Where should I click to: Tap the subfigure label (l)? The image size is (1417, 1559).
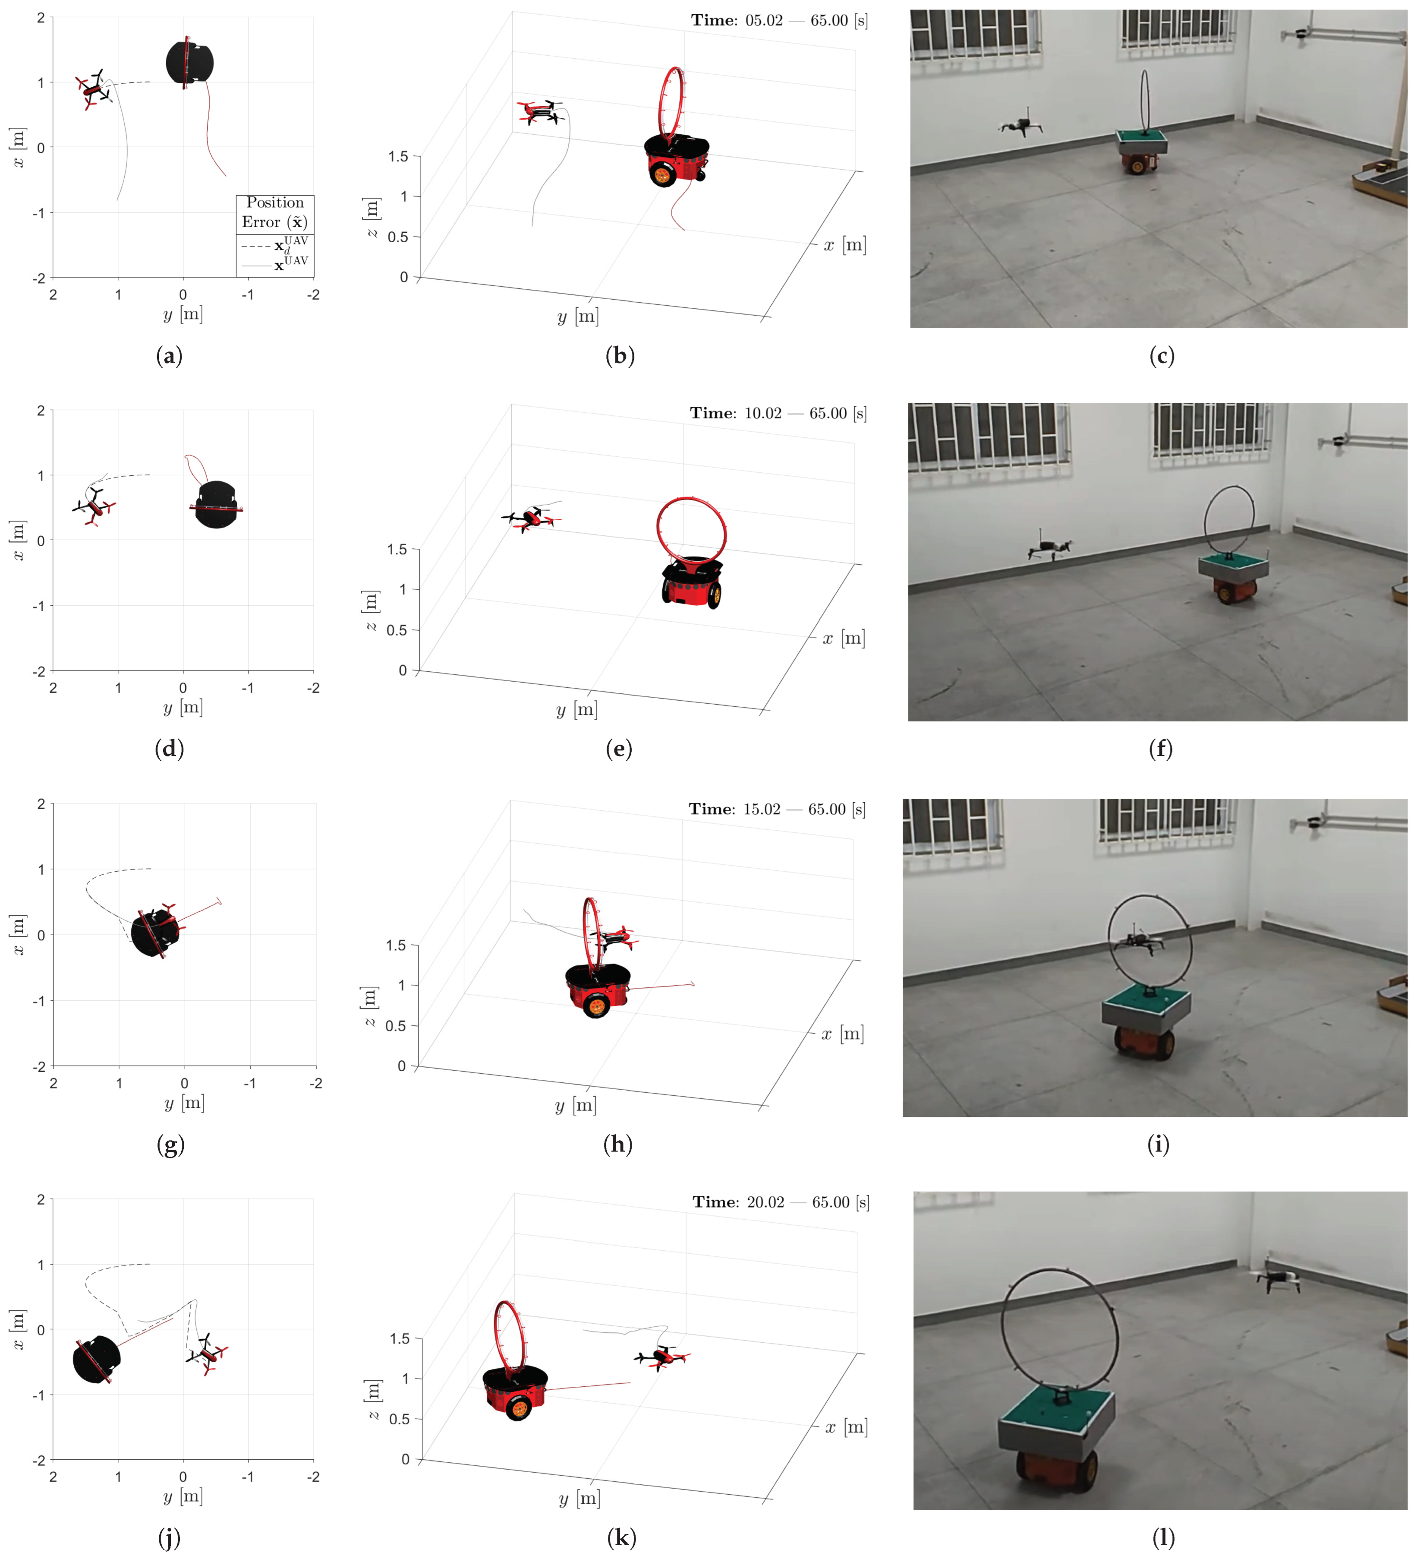click(1163, 1537)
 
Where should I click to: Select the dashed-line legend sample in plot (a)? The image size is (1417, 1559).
click(256, 247)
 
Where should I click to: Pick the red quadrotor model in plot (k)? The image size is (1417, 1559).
click(662, 1357)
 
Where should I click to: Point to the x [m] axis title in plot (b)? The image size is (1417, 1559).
click(844, 245)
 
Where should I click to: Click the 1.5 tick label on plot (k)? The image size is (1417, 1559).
click(400, 1338)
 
